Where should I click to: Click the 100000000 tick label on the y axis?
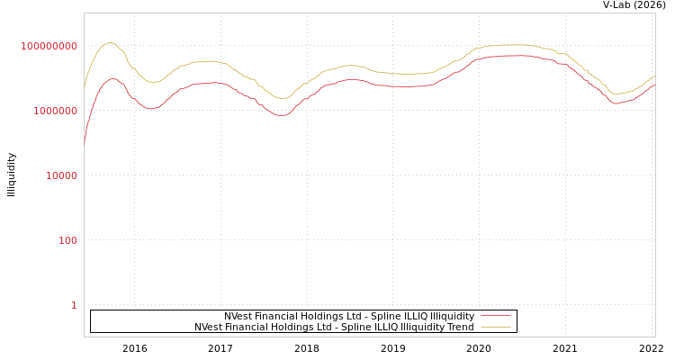[49, 46]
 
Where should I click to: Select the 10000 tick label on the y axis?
[62, 175]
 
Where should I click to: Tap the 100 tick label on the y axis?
[68, 240]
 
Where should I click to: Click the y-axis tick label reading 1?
[74, 305]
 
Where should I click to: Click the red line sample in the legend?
[496, 317]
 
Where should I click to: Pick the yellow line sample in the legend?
[496, 328]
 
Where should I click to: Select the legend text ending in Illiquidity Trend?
[334, 328]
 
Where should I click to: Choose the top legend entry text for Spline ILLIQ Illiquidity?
[349, 317]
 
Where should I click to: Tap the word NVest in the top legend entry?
[238, 317]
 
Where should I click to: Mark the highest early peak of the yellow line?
[109, 42]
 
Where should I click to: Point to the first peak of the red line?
[112, 78]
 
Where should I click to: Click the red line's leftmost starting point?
[85, 143]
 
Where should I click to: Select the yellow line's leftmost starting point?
[85, 87]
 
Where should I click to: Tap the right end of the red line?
[654, 85]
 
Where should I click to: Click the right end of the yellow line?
[654, 76]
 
